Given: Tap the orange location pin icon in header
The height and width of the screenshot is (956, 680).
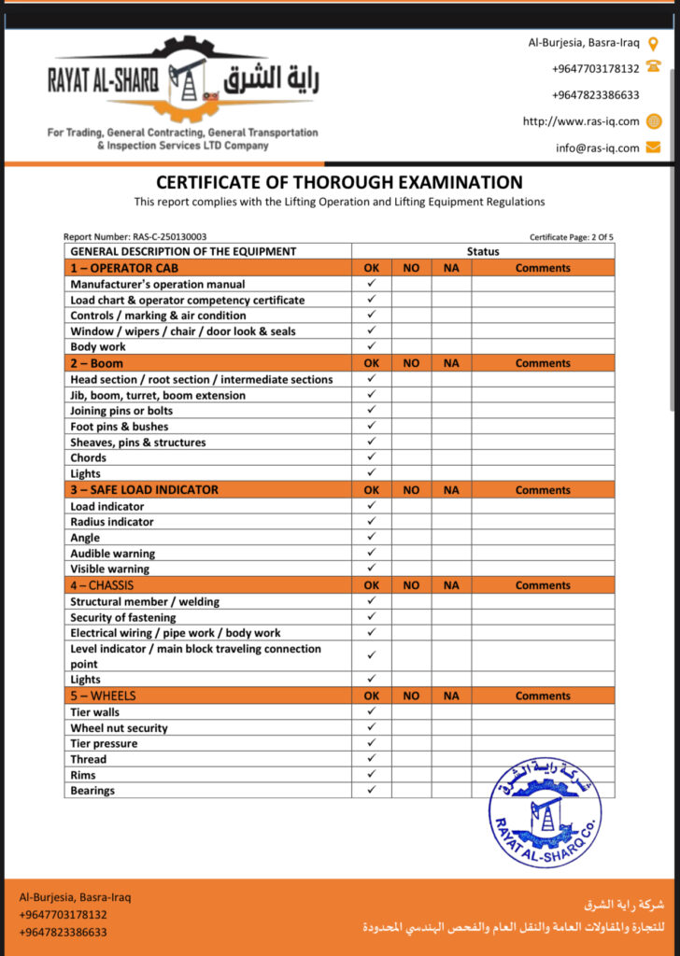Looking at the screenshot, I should (x=654, y=43).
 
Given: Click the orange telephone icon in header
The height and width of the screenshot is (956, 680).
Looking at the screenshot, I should (x=654, y=68).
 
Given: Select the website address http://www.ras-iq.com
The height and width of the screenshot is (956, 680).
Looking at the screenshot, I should (x=580, y=121).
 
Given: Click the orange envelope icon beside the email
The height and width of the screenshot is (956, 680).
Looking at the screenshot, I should (x=654, y=148).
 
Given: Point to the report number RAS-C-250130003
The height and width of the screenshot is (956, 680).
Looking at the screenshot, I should (x=135, y=237).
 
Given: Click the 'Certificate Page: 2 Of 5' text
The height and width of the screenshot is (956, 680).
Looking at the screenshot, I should (x=571, y=237).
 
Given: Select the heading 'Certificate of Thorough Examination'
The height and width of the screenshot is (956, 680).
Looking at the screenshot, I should (x=339, y=183).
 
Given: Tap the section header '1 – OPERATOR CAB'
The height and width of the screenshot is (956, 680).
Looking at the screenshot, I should (x=124, y=268).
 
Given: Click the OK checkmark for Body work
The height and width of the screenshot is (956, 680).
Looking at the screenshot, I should (x=371, y=346).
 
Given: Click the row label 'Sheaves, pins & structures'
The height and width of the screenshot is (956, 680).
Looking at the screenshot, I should (x=138, y=443).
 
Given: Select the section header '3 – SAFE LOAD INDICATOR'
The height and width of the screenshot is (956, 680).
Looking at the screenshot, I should (x=145, y=490).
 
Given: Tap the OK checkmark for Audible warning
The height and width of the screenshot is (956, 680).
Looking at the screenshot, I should (x=371, y=554).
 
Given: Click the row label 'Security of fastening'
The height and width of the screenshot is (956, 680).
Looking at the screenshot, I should (x=123, y=617).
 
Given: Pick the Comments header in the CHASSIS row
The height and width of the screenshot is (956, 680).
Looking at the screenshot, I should (x=543, y=586).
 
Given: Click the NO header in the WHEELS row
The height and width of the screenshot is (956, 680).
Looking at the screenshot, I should (x=411, y=696).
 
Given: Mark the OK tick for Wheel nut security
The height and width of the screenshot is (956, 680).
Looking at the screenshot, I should (x=371, y=728).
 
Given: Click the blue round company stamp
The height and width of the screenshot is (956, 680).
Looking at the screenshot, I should (x=545, y=809).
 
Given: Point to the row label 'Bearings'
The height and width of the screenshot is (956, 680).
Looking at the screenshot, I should (x=92, y=791).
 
